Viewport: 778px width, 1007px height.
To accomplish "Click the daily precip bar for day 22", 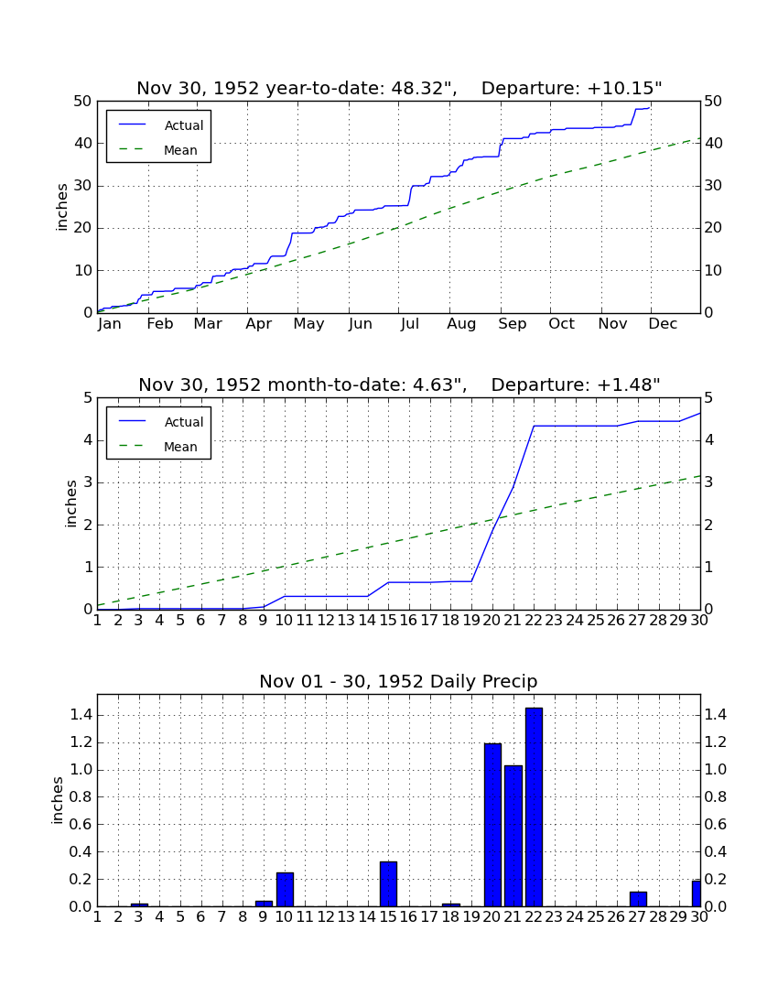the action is click(x=534, y=807).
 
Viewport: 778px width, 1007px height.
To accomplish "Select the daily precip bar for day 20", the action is click(x=492, y=825).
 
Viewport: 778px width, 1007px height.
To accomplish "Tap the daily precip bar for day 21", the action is click(x=513, y=836).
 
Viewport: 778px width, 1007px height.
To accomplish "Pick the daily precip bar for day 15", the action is click(x=388, y=884).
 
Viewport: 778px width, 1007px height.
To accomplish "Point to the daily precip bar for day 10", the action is click(x=285, y=890).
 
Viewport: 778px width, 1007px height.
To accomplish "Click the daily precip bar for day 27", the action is click(x=637, y=899).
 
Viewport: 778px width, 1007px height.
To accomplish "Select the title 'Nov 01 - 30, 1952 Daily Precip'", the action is click(x=398, y=681).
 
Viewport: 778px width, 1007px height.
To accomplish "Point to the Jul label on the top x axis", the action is click(x=409, y=324).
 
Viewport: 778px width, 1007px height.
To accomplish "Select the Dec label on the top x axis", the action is click(x=663, y=324).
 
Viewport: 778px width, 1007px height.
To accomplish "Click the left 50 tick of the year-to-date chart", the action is click(x=83, y=102).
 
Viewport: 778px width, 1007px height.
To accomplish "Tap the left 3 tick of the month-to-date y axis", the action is click(x=88, y=482).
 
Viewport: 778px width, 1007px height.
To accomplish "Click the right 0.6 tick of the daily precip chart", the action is click(x=716, y=825).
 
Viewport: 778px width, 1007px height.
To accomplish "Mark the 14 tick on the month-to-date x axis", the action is click(x=367, y=621).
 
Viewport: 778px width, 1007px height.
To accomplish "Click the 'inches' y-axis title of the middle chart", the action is click(x=70, y=503).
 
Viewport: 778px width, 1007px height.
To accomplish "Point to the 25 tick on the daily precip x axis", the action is click(x=596, y=917).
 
